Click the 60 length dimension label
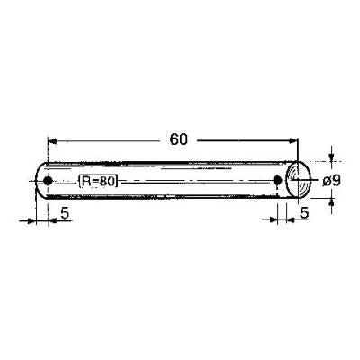[179, 139]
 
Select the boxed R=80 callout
[98, 181]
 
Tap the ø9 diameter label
[331, 181]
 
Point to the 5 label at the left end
[65, 213]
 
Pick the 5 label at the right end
[304, 213]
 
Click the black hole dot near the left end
[48, 181]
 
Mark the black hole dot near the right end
[277, 180]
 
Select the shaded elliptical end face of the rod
[298, 179]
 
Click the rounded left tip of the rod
[36, 181]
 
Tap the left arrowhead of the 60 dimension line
[52, 140]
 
